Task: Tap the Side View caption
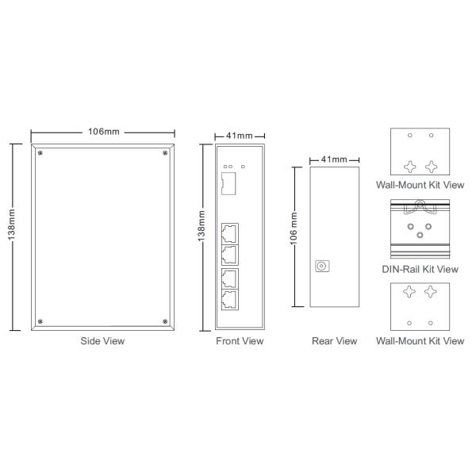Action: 103,341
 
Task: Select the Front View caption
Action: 240,341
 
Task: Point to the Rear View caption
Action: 334,341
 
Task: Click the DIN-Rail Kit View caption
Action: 420,269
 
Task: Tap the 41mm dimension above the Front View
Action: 240,136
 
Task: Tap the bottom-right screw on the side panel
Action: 165,321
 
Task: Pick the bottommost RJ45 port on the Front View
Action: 230,300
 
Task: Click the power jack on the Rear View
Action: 323,267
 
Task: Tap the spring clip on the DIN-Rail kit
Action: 420,209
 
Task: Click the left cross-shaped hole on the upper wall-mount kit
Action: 410,167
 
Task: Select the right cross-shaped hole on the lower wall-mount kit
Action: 432,293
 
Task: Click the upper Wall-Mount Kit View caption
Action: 420,184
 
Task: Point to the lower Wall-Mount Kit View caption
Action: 420,341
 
